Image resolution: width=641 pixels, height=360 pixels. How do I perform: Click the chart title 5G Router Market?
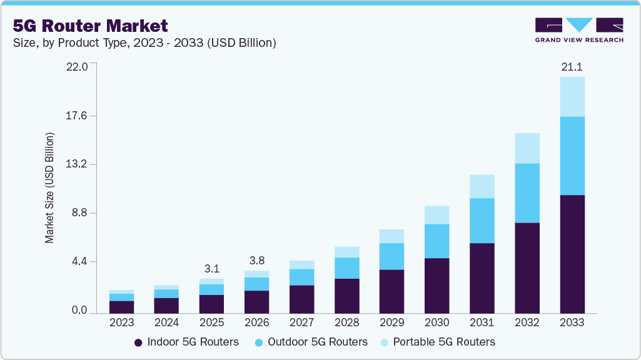90,26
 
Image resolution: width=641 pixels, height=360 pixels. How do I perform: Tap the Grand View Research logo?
578,29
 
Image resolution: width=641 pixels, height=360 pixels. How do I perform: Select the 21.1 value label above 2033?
572,66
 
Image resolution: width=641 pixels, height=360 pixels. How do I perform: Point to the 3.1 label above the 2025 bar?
211,269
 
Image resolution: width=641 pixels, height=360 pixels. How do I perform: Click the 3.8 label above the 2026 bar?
256,261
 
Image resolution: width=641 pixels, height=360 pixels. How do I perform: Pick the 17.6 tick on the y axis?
78,116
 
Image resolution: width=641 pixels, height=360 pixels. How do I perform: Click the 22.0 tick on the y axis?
78,66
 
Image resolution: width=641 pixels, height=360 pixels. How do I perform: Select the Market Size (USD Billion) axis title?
49,187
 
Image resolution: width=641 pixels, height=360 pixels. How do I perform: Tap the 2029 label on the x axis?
391,322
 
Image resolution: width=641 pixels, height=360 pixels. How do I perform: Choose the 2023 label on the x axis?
121,322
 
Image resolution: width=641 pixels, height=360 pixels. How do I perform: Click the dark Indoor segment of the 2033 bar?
572,254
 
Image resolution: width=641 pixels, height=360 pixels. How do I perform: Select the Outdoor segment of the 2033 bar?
572,156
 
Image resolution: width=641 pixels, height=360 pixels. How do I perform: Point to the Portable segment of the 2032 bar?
527,148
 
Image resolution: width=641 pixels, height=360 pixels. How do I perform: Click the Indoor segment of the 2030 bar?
437,285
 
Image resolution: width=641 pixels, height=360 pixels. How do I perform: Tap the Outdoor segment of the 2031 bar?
482,220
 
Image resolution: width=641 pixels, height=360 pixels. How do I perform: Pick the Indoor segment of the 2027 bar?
301,299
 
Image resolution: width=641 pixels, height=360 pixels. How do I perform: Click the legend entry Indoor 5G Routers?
186,342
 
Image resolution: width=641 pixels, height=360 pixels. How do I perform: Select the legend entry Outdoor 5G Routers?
311,342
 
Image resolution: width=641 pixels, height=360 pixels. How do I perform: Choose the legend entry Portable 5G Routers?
437,342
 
